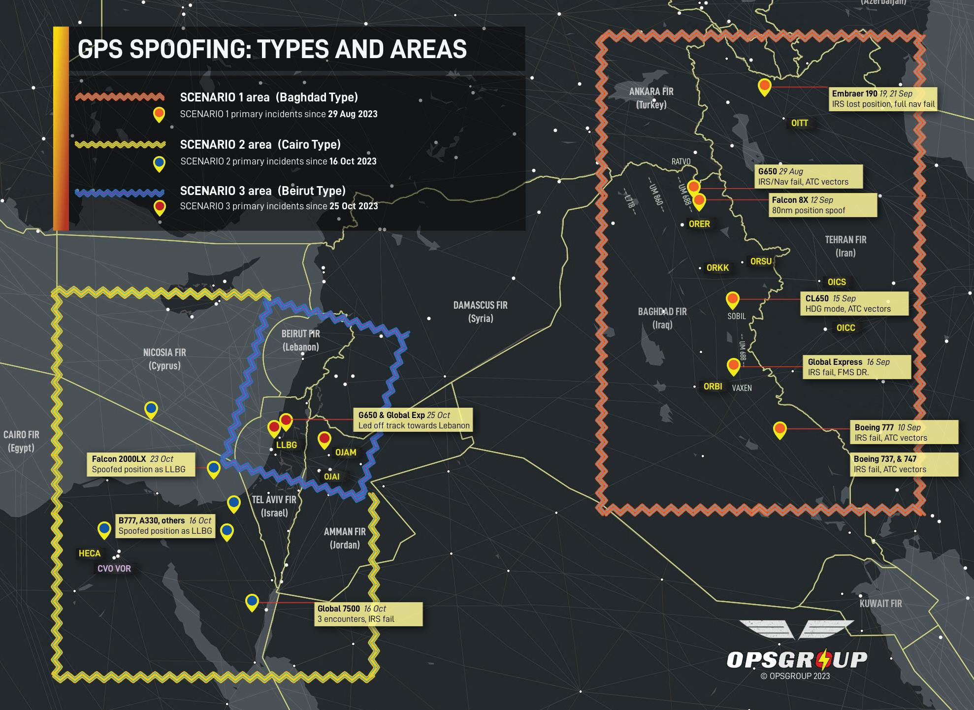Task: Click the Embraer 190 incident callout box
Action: (882, 99)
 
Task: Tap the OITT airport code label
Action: (799, 123)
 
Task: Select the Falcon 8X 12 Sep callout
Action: (823, 205)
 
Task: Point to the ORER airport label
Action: (699, 224)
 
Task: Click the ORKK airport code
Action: (717, 268)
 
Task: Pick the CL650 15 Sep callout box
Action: (855, 304)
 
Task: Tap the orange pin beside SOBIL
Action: (733, 299)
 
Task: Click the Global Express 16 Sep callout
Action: (857, 367)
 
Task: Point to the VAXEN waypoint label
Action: (742, 388)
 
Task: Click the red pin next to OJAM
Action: (324, 439)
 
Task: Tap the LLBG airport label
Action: (286, 445)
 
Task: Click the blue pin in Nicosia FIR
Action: (151, 409)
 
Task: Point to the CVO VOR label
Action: (114, 569)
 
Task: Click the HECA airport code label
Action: (89, 553)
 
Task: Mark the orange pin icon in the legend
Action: (159, 114)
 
